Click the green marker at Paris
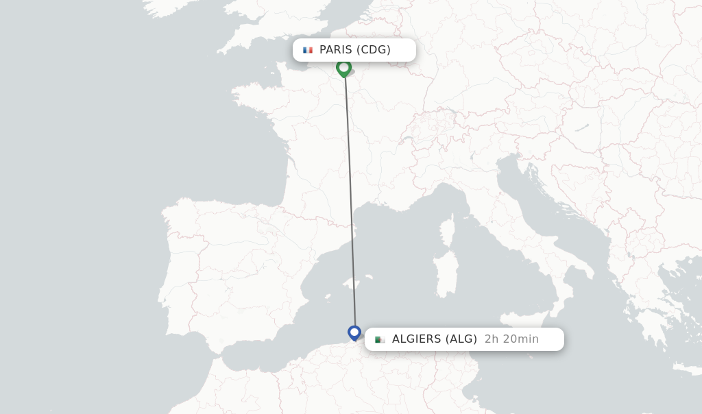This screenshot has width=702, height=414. tap(343, 67)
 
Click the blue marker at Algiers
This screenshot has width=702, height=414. tap(354, 332)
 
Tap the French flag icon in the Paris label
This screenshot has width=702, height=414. tap(308, 50)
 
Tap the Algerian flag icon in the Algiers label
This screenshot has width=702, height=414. tap(380, 339)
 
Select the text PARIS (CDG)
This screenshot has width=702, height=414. tap(354, 50)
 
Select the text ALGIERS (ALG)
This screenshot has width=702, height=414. tap(434, 339)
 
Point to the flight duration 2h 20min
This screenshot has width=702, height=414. tap(511, 339)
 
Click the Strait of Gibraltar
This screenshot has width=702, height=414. tap(209, 352)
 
